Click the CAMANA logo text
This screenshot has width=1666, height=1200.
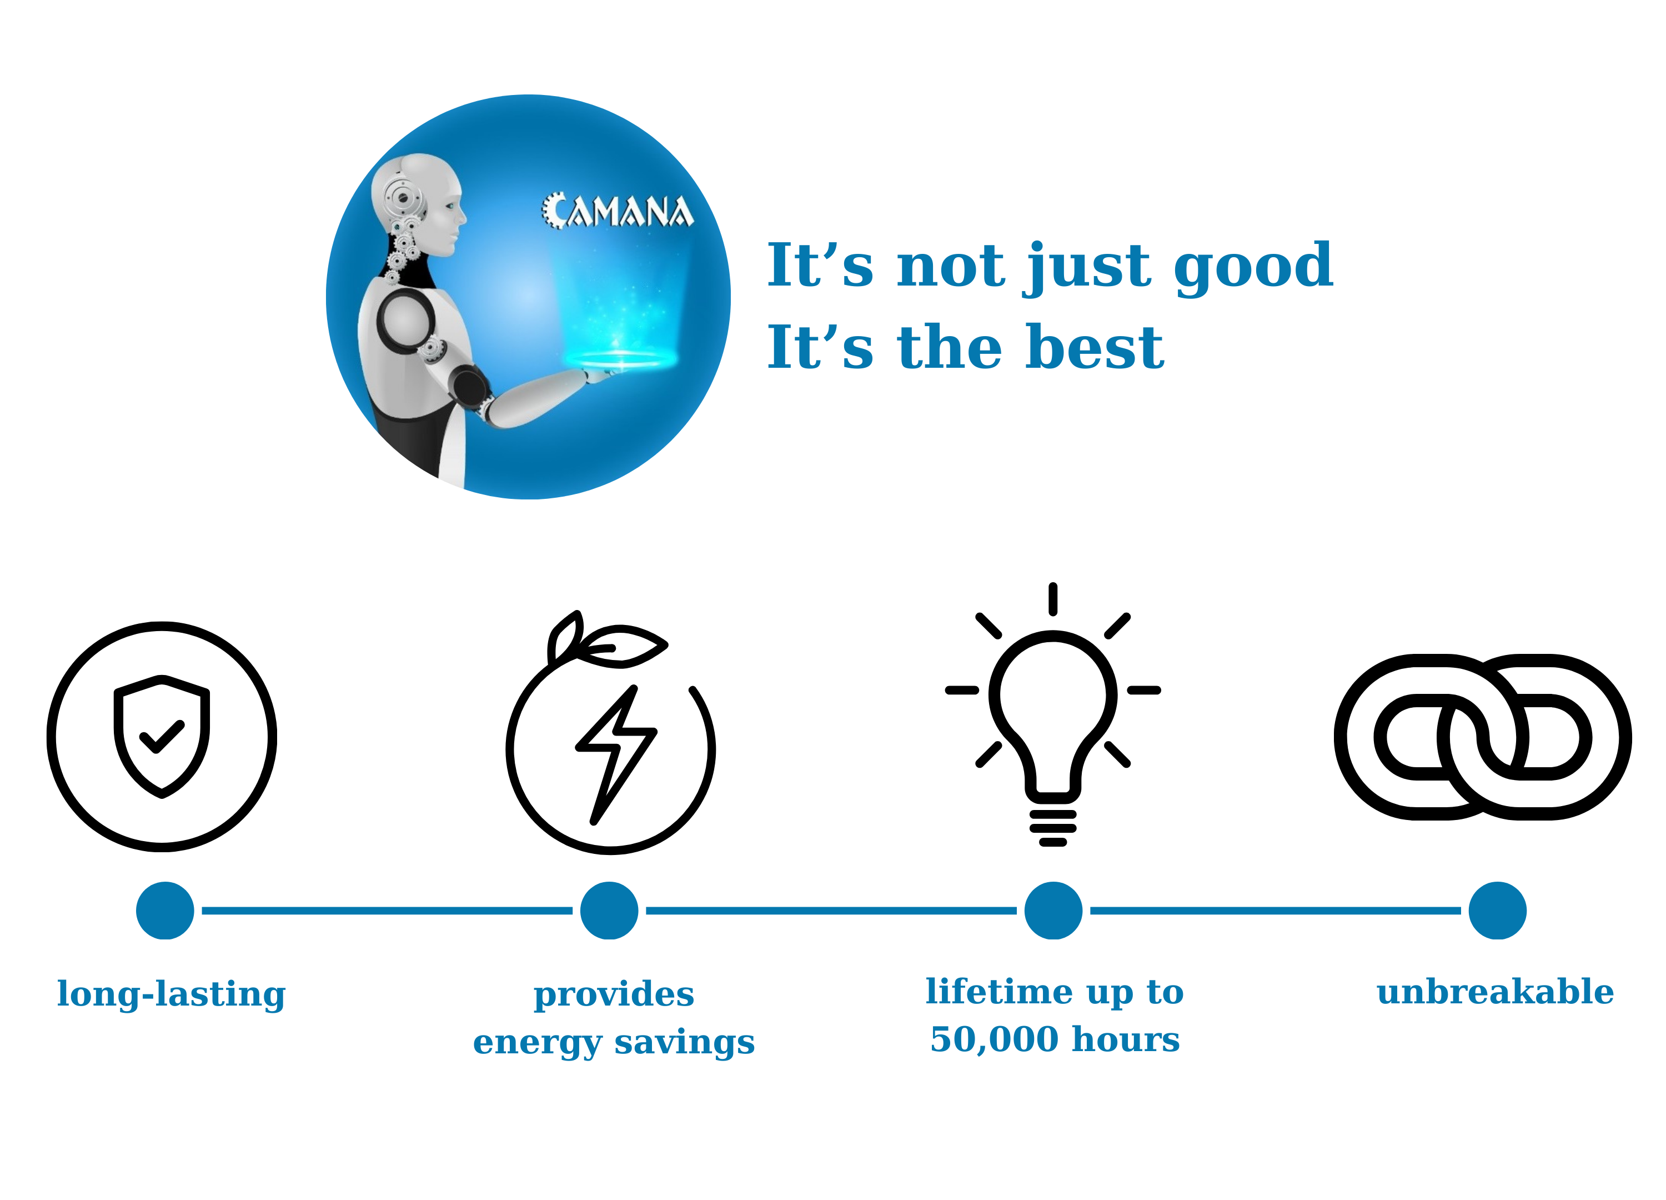click(617, 211)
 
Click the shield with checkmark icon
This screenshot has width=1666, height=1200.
click(162, 736)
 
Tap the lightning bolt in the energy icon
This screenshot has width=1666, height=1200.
click(615, 754)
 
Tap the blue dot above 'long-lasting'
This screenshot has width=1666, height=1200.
click(165, 911)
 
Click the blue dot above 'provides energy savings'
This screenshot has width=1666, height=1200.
click(609, 911)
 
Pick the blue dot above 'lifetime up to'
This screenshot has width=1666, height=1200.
click(1053, 911)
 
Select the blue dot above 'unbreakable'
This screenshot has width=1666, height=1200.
click(1498, 911)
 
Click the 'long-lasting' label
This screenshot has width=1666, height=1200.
click(171, 995)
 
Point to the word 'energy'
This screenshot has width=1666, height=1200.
click(538, 1043)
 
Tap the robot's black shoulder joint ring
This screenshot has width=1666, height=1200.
click(406, 321)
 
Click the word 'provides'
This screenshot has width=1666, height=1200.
click(613, 996)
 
